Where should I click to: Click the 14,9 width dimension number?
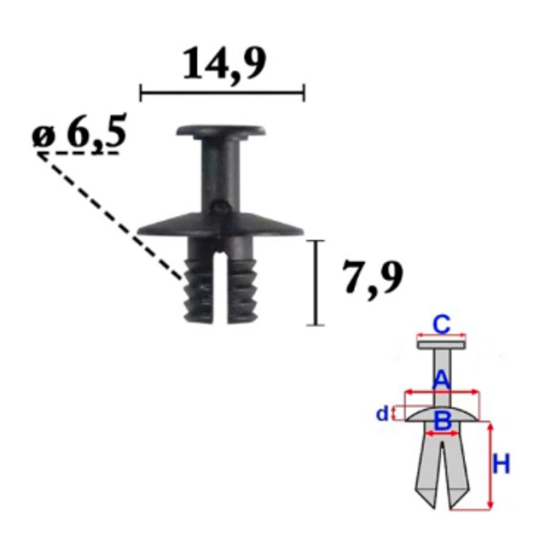point(224,64)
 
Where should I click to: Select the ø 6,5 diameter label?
point(79,132)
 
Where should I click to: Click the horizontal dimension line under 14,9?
point(222,93)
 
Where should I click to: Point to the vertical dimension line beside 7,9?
point(315,283)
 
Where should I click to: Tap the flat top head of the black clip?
point(221,130)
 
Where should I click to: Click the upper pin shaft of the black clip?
point(220,174)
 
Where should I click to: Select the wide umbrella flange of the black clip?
point(221,224)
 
